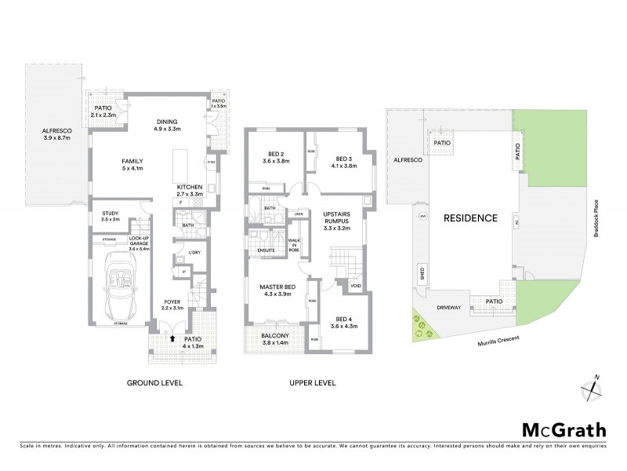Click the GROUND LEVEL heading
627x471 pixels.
coord(155,384)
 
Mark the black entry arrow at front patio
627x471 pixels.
coord(172,339)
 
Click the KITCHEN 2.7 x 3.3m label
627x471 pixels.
coord(190,190)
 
